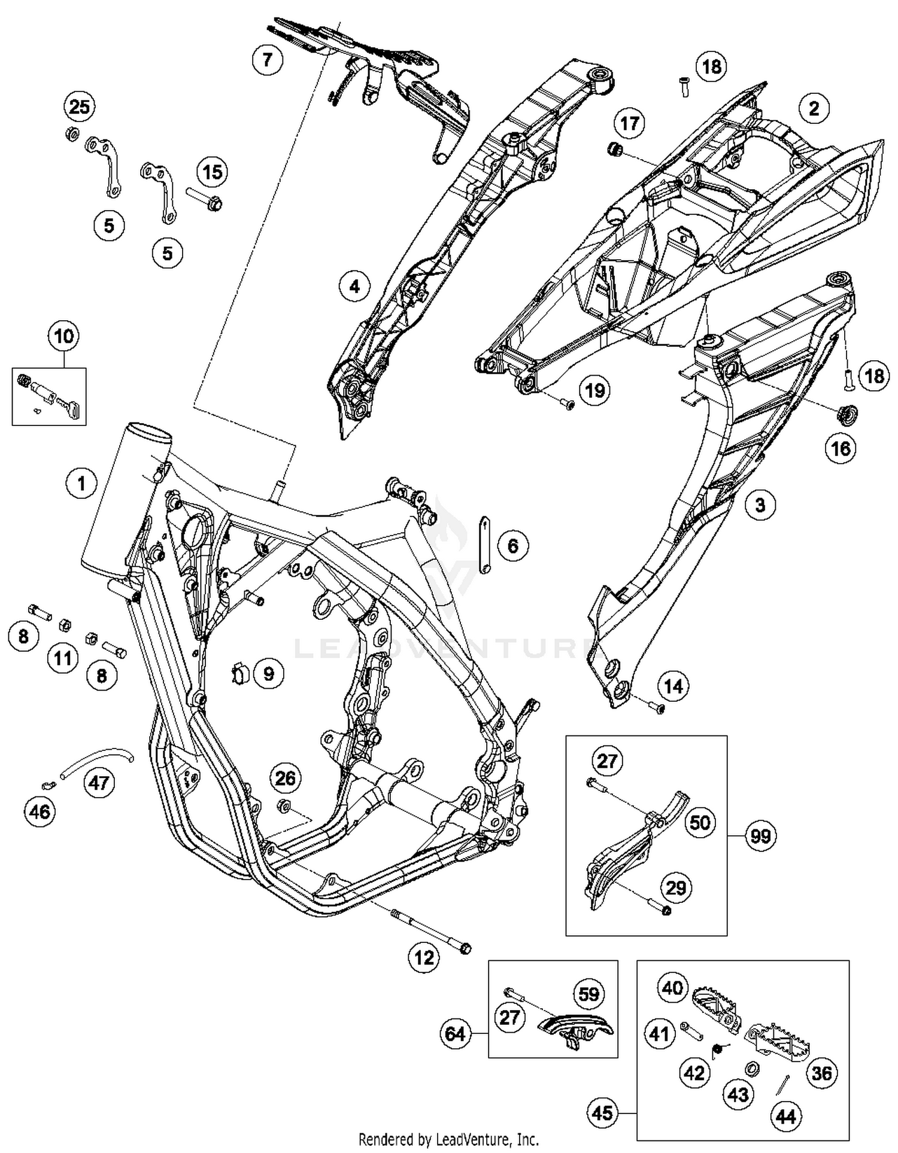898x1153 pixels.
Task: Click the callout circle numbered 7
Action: (x=267, y=60)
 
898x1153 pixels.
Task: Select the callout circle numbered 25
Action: (x=79, y=107)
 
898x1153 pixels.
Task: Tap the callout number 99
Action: (x=760, y=836)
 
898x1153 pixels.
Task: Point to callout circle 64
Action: (x=456, y=1033)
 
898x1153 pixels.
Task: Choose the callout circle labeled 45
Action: (x=602, y=1112)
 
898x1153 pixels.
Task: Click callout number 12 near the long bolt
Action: (x=423, y=957)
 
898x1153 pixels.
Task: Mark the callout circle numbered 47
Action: (x=99, y=782)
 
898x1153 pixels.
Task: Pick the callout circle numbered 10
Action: (x=64, y=336)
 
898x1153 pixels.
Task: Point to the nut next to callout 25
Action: (x=69, y=134)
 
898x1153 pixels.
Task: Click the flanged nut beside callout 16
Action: (x=848, y=413)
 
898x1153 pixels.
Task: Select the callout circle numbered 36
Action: (x=821, y=1073)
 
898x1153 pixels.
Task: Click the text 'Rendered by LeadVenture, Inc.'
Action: (x=448, y=1139)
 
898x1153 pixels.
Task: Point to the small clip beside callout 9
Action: (x=241, y=674)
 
